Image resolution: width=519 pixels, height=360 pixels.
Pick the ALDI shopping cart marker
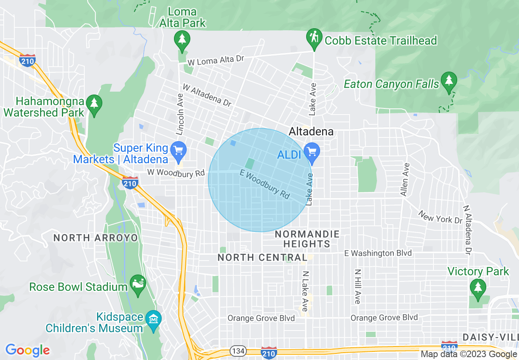[x=312, y=151]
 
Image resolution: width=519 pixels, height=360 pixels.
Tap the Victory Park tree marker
[x=477, y=287]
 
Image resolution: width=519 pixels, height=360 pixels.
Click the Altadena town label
[x=311, y=131]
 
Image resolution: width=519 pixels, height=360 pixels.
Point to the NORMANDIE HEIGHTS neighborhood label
[x=307, y=239]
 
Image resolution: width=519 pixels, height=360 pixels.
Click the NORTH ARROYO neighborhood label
[x=96, y=238]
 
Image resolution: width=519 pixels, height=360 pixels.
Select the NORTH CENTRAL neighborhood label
[x=262, y=257]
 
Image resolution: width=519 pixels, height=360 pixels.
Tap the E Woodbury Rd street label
[x=265, y=185]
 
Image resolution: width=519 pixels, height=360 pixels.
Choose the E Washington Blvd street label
[x=378, y=253]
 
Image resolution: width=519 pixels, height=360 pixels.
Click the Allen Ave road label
[x=405, y=180]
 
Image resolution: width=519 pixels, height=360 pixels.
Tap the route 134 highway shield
[x=238, y=351]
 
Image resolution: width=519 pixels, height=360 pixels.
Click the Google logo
[x=27, y=350]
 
